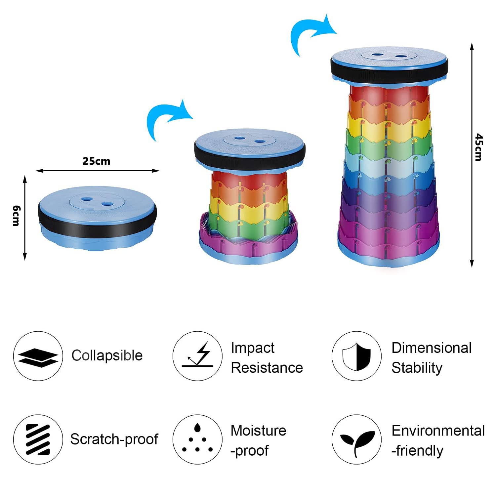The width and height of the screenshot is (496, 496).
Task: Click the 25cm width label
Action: (x=96, y=161)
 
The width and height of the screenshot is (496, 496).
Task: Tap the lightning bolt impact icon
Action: (x=198, y=355)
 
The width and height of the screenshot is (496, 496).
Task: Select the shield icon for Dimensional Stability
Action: (x=356, y=356)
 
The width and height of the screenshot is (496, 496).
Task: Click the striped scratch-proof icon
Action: (x=38, y=439)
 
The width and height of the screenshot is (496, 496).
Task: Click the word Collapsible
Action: (x=107, y=356)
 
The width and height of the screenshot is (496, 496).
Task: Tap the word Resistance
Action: (x=267, y=368)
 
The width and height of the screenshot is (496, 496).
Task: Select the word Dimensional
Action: (x=432, y=348)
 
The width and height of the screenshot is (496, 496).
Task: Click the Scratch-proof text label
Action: (x=114, y=439)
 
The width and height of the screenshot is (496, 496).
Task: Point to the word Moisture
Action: (x=259, y=431)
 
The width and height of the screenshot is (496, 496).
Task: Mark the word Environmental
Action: (x=438, y=431)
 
